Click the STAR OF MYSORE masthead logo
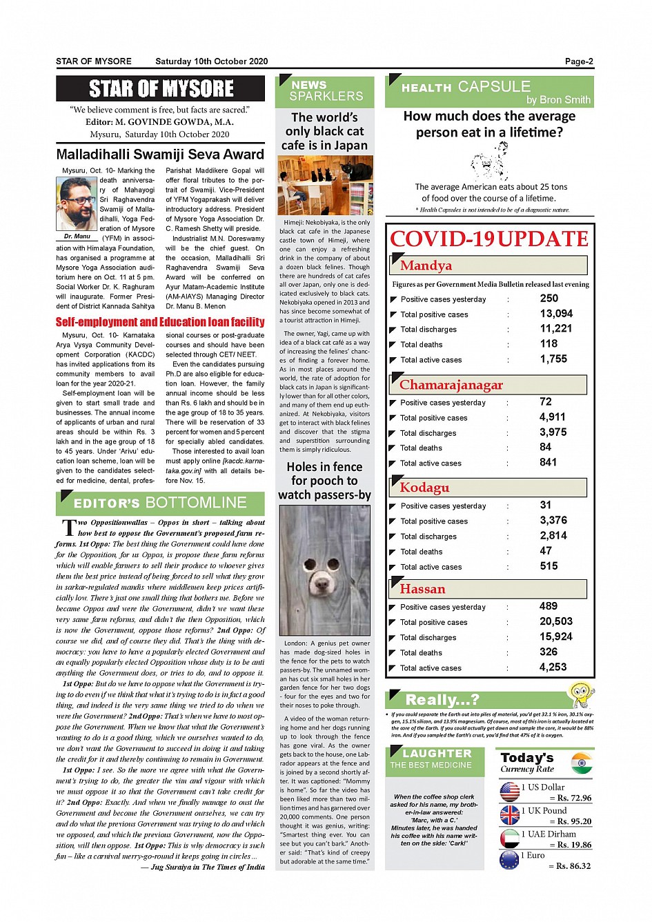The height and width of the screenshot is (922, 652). coord(161,89)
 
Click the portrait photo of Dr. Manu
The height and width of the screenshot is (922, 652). coord(76,203)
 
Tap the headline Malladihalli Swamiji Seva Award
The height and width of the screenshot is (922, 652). coord(160,154)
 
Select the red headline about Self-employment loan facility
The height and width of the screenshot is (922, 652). coord(160,322)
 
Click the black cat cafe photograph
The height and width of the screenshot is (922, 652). coord(325,185)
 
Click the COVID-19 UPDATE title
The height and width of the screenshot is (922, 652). coord(489,239)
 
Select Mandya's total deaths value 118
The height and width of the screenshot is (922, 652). coord(549,344)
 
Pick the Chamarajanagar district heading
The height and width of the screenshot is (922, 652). coord(451,385)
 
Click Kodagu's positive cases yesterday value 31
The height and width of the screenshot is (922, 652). coord(545,505)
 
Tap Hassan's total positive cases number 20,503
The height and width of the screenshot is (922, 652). coord(555,621)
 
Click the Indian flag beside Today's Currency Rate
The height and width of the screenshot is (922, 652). coord(582,763)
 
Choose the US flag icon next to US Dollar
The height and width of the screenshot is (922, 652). coord(509,792)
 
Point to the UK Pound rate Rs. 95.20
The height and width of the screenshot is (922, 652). coord(570,821)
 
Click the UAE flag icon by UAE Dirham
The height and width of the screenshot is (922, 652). coord(509,839)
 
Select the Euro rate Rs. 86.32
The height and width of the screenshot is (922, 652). coord(570,866)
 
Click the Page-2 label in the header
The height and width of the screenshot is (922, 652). coord(578,61)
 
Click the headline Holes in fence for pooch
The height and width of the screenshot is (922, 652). coord(324,481)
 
